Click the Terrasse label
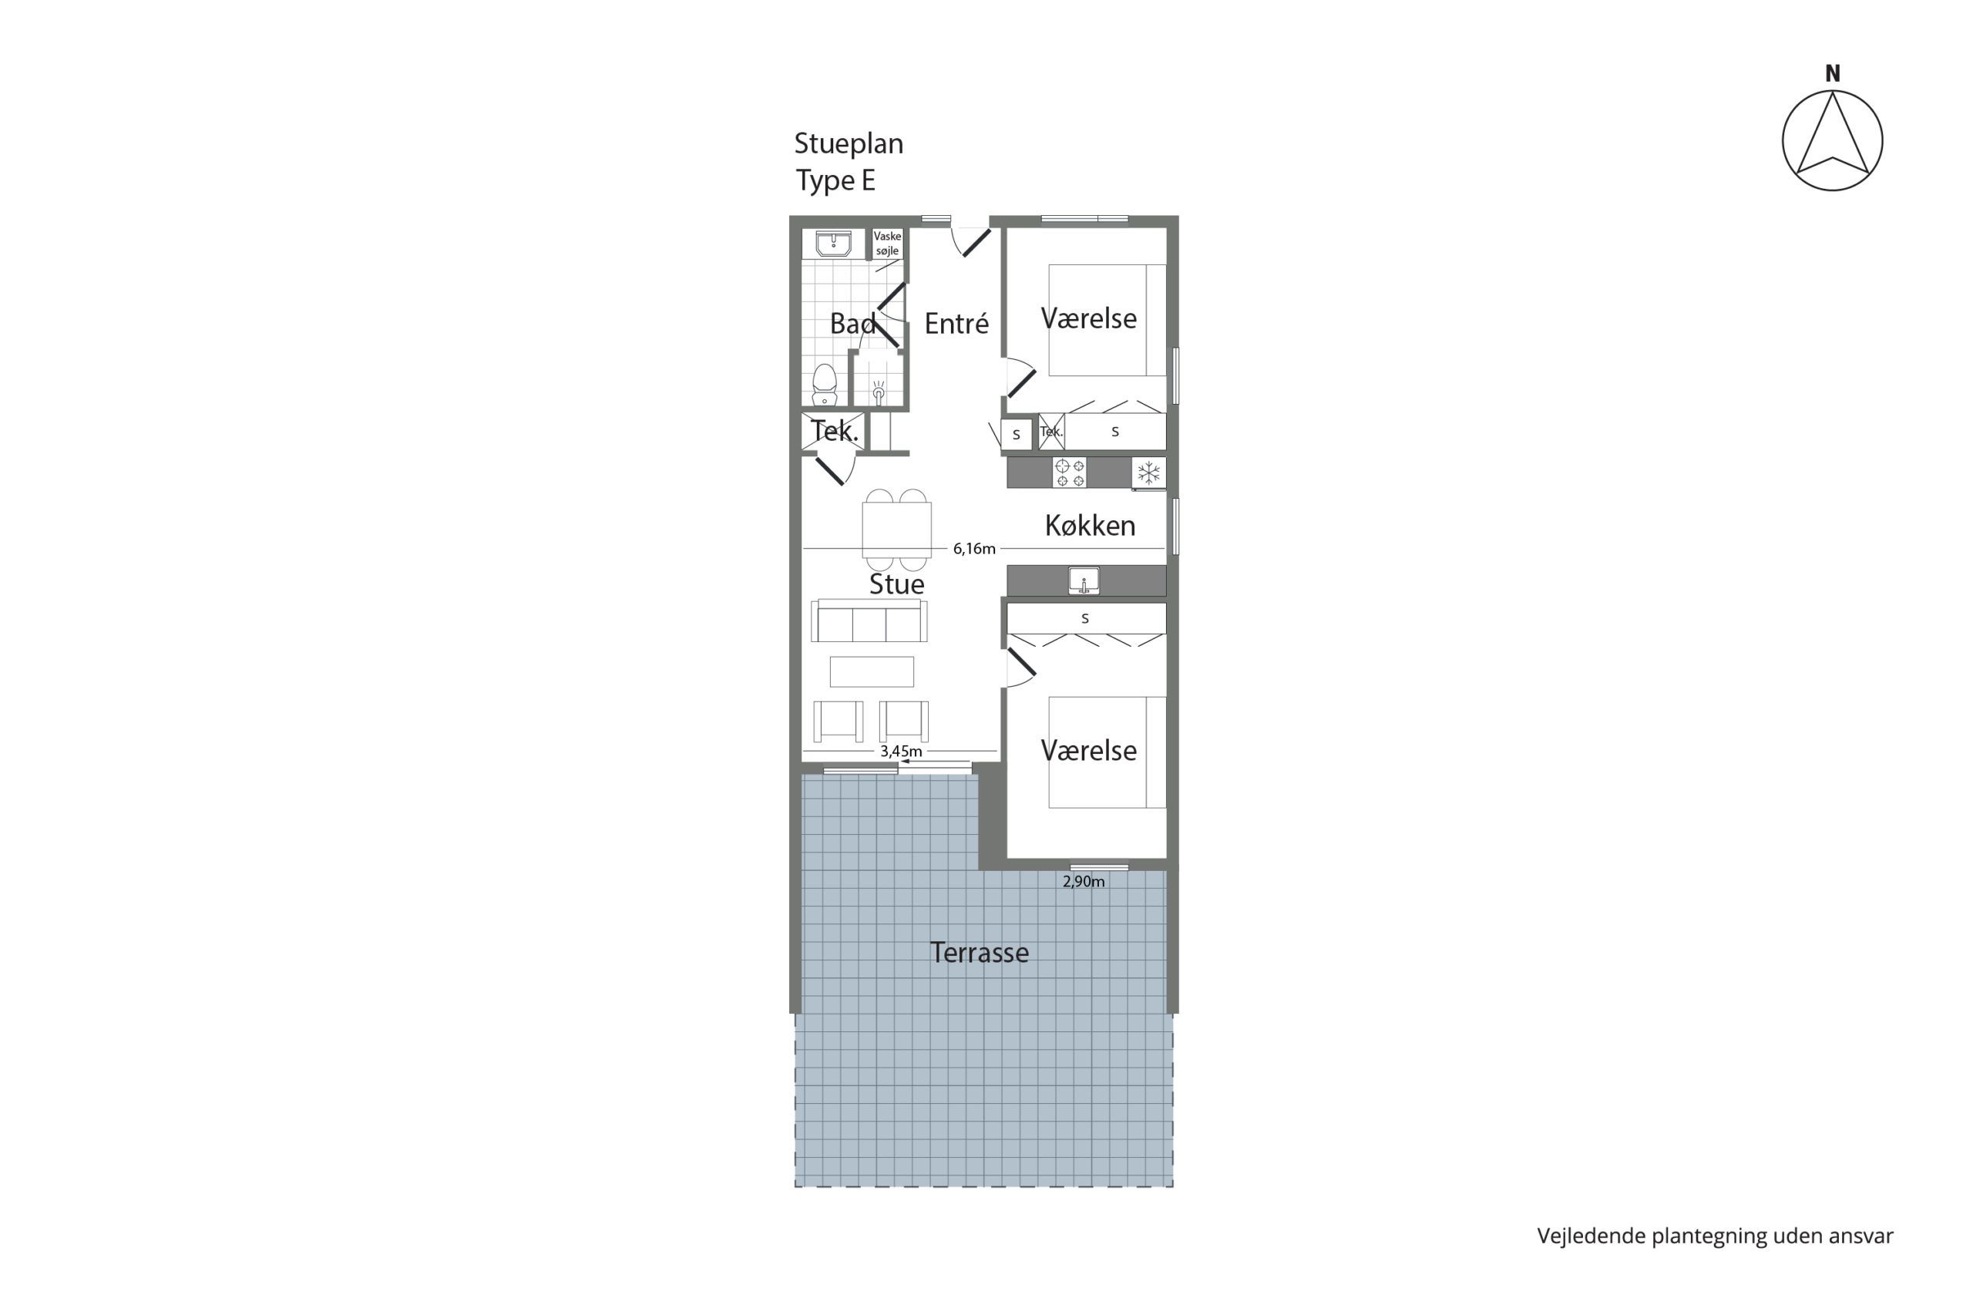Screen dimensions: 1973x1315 (x=979, y=953)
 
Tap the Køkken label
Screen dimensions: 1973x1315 (x=1089, y=526)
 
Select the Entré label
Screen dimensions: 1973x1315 (x=956, y=323)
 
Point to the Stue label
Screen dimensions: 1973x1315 (x=896, y=584)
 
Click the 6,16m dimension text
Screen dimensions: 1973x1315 (x=973, y=550)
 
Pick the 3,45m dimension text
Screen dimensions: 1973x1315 (x=900, y=752)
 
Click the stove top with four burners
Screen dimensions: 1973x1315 (x=1069, y=473)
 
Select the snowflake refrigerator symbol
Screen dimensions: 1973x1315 (x=1148, y=473)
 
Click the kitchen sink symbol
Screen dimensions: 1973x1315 (x=1084, y=580)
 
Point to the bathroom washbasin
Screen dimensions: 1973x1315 (x=833, y=244)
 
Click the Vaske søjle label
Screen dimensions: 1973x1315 (x=887, y=244)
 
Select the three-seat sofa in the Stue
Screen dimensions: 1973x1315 (x=869, y=621)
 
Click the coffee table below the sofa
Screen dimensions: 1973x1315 (x=871, y=671)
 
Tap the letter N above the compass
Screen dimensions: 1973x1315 (x=1833, y=75)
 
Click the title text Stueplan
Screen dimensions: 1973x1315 (x=849, y=144)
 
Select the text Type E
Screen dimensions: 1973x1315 (x=835, y=180)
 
